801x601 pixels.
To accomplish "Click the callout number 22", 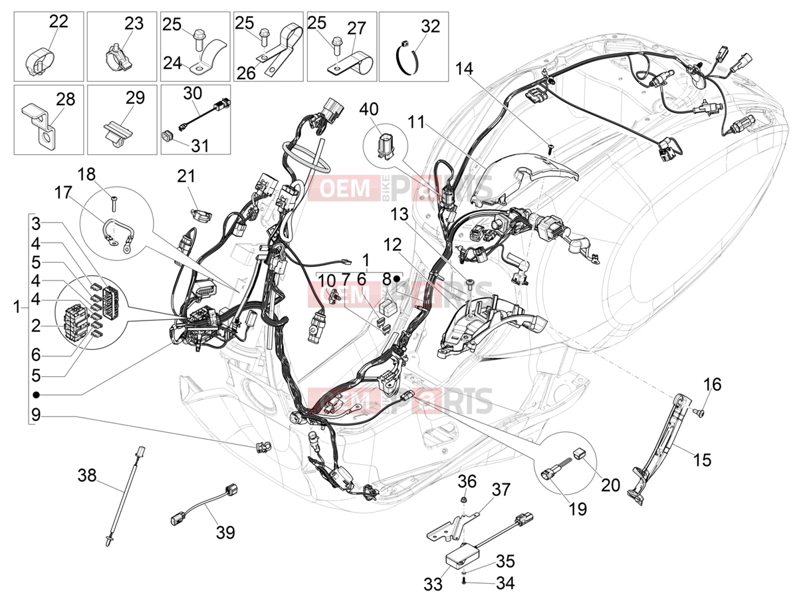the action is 58,21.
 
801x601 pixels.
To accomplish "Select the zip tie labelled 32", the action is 407,58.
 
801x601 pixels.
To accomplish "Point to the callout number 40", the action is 369,109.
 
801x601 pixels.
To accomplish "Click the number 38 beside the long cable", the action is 87,475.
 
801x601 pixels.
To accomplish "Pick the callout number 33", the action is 433,584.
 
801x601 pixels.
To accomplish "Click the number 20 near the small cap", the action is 610,485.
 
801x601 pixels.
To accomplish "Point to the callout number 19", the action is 578,509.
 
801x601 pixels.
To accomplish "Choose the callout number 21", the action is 186,176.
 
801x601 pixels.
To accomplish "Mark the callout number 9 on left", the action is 36,416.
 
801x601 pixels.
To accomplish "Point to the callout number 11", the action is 416,122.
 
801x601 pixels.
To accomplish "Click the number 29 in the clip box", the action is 135,98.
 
